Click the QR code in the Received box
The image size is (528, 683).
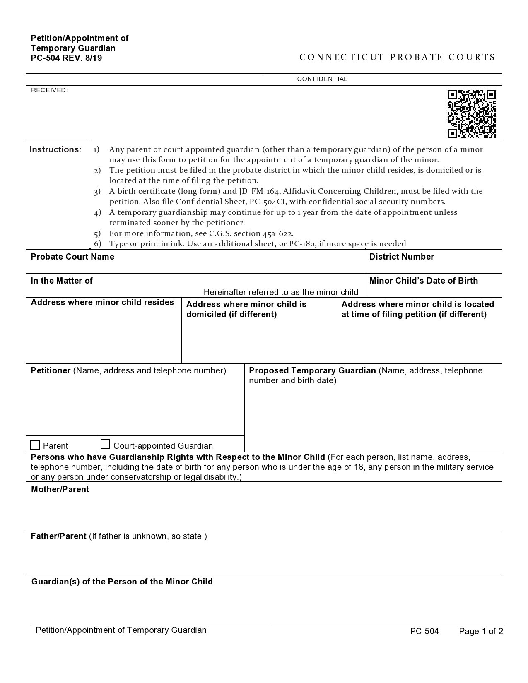[472, 114]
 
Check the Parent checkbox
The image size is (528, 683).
[36, 445]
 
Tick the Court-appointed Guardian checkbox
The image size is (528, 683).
[106, 445]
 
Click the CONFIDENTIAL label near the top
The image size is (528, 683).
[322, 79]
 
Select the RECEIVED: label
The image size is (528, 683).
[49, 90]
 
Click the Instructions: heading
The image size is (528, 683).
[55, 149]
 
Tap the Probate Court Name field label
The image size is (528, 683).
[72, 257]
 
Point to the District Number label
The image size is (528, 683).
[401, 257]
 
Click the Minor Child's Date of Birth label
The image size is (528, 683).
[423, 281]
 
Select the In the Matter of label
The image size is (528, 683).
[62, 281]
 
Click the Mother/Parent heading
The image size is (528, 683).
[60, 489]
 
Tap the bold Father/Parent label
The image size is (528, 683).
[58, 536]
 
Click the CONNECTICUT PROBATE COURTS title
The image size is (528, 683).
[397, 57]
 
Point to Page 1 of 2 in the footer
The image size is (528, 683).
[481, 631]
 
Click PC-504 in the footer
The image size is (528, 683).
[424, 631]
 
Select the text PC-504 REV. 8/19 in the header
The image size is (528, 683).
[66, 58]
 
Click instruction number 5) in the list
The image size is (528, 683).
[97, 233]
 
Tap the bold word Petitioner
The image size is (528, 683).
[51, 370]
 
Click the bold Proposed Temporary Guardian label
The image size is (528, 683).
[312, 370]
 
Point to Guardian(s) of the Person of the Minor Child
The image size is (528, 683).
[122, 582]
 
